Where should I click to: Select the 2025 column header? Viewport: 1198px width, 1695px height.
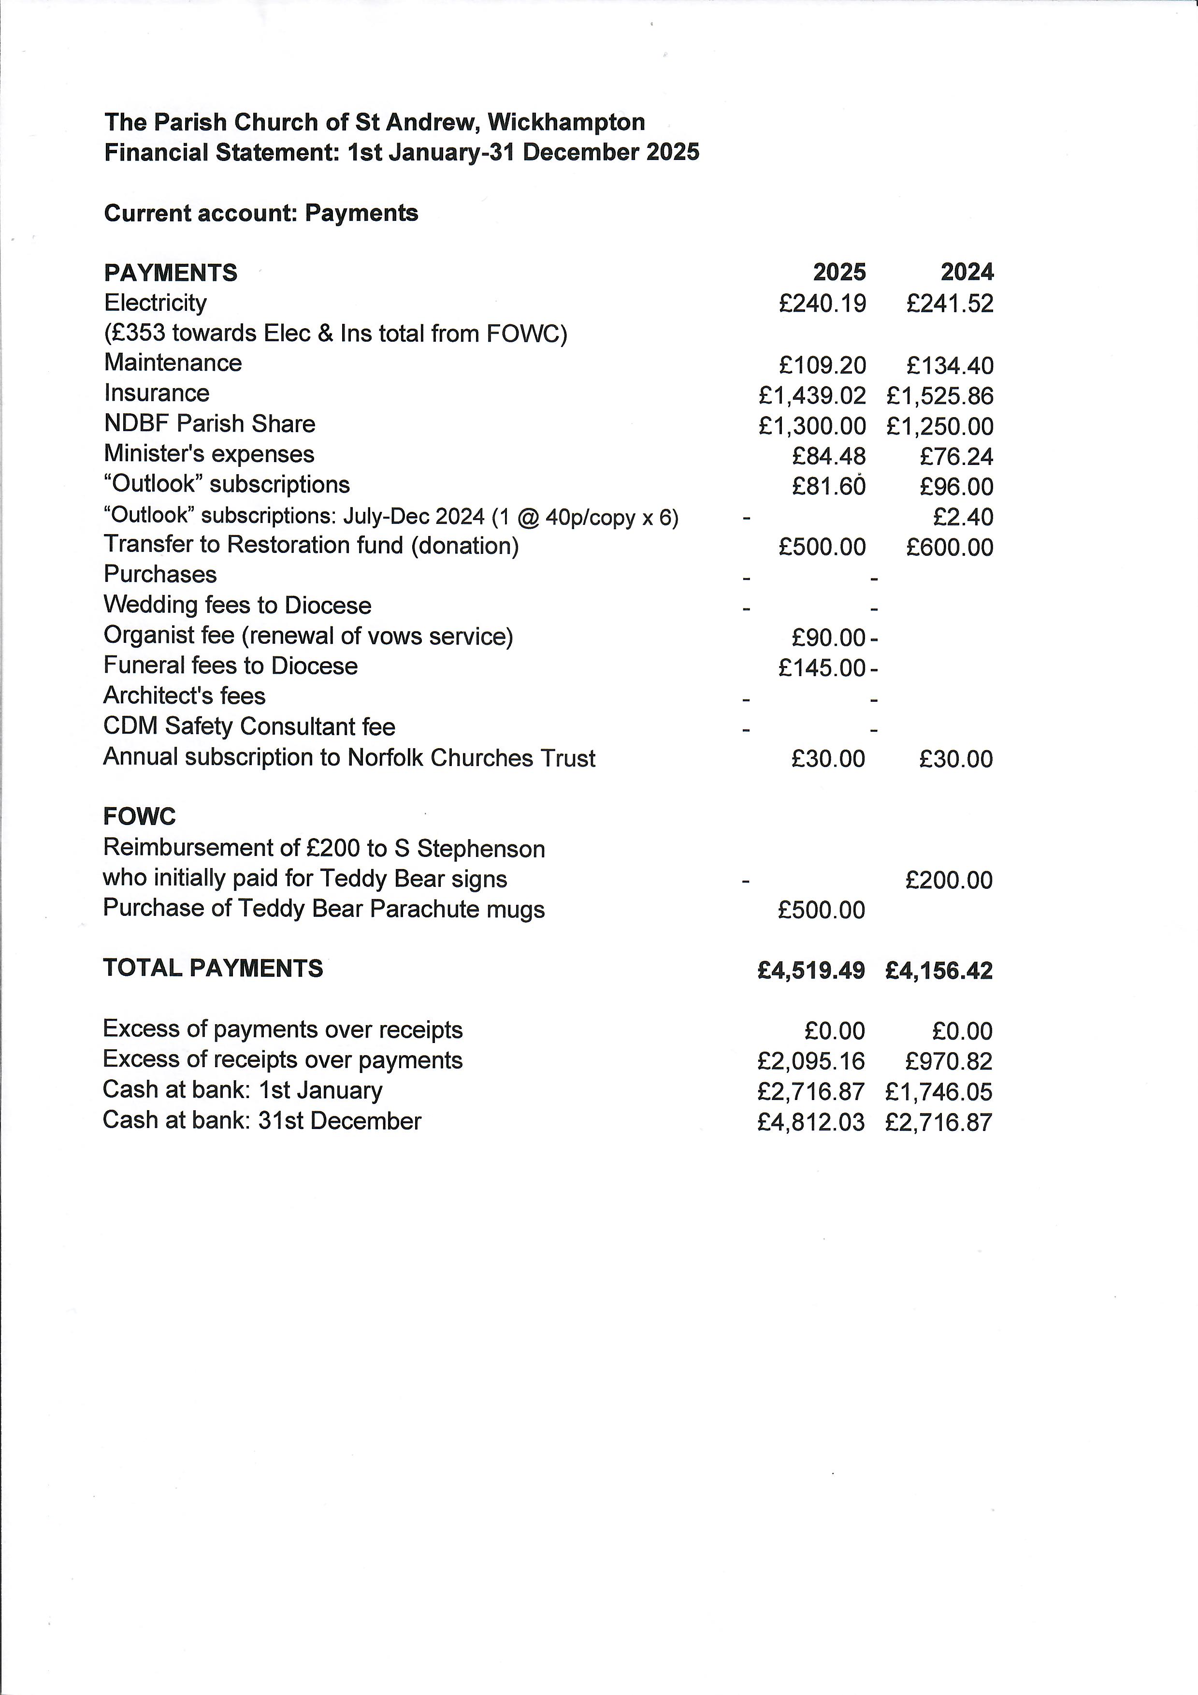[839, 273]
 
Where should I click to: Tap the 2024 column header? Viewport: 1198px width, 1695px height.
[967, 273]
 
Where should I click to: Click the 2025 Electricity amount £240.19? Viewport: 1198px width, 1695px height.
[823, 304]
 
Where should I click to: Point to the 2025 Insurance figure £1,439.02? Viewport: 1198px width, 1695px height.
[812, 396]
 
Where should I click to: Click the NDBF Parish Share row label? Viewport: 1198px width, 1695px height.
[210, 424]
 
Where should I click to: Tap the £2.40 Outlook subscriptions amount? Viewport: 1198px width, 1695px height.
[963, 517]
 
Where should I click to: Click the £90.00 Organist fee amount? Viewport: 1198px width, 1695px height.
[828, 637]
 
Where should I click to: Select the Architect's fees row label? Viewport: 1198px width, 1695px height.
[185, 696]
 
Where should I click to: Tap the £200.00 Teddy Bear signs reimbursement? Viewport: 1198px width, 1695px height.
[949, 880]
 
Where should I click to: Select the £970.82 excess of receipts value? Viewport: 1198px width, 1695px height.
[949, 1061]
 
